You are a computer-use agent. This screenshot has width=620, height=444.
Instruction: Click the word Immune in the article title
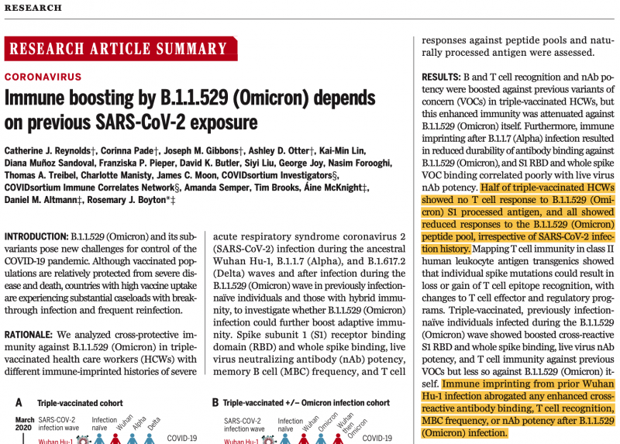pyautogui.click(x=36, y=99)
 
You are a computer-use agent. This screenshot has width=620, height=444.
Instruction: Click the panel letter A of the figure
pyautogui.click(x=17, y=403)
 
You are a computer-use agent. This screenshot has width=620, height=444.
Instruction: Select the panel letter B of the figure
pyautogui.click(x=216, y=403)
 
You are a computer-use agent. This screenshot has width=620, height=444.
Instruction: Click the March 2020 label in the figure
pyautogui.click(x=26, y=425)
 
